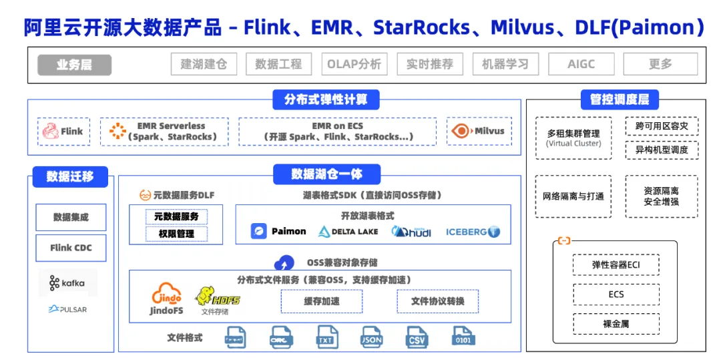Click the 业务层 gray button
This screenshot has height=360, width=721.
[74, 65]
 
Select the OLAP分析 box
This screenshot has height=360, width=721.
[354, 65]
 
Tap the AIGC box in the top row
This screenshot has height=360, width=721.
[581, 65]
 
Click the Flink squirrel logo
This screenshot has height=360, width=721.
[50, 132]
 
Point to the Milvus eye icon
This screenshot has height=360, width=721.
[461, 132]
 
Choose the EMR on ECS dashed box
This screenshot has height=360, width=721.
[337, 132]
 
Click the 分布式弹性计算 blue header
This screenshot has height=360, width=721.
[326, 100]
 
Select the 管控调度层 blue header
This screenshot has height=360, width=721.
[619, 100]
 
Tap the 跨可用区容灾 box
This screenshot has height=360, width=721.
[661, 126]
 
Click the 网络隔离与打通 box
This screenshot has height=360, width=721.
[573, 196]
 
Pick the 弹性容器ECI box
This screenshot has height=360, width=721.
[616, 264]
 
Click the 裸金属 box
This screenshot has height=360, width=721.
[616, 324]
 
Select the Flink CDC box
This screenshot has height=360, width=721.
[71, 248]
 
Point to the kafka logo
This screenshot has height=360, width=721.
[67, 283]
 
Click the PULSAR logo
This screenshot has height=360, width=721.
[67, 309]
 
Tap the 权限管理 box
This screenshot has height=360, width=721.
[177, 234]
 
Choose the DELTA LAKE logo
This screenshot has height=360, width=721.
[348, 232]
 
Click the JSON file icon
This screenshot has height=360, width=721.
[371, 336]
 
